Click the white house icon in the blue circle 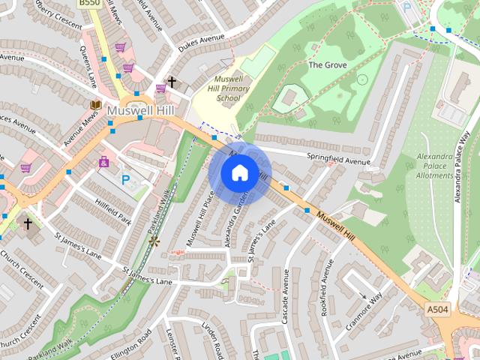point(239,173)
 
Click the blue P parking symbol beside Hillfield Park point(126,180)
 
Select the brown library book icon point(95,106)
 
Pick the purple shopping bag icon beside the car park point(103,160)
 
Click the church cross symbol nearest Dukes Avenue point(172,81)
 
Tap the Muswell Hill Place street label point(199,218)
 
